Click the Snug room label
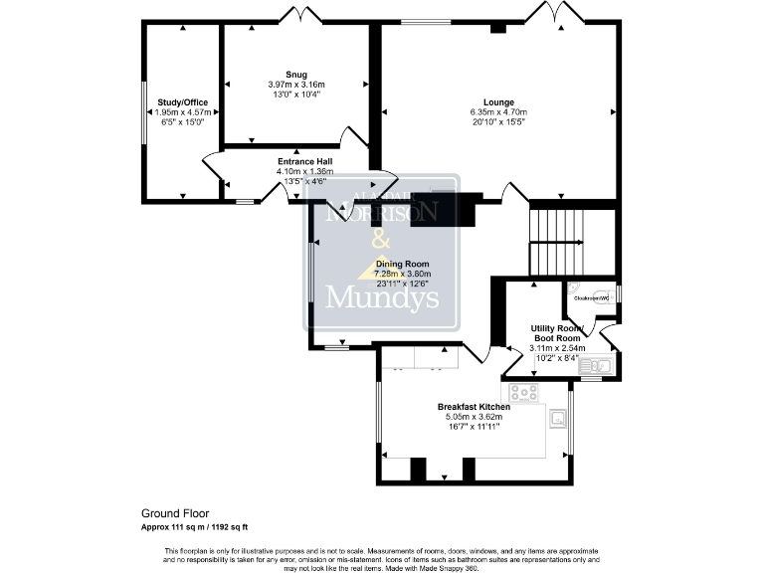pos(294,75)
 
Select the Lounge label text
pos(498,101)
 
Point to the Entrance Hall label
pos(304,161)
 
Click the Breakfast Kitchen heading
pos(474,407)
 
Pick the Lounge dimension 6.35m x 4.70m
pos(498,112)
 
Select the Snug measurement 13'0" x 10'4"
pos(294,95)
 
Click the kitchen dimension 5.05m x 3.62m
pos(474,417)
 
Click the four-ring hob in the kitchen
pos(523,392)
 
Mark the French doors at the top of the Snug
pos(299,17)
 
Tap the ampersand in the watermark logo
pos(380,242)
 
